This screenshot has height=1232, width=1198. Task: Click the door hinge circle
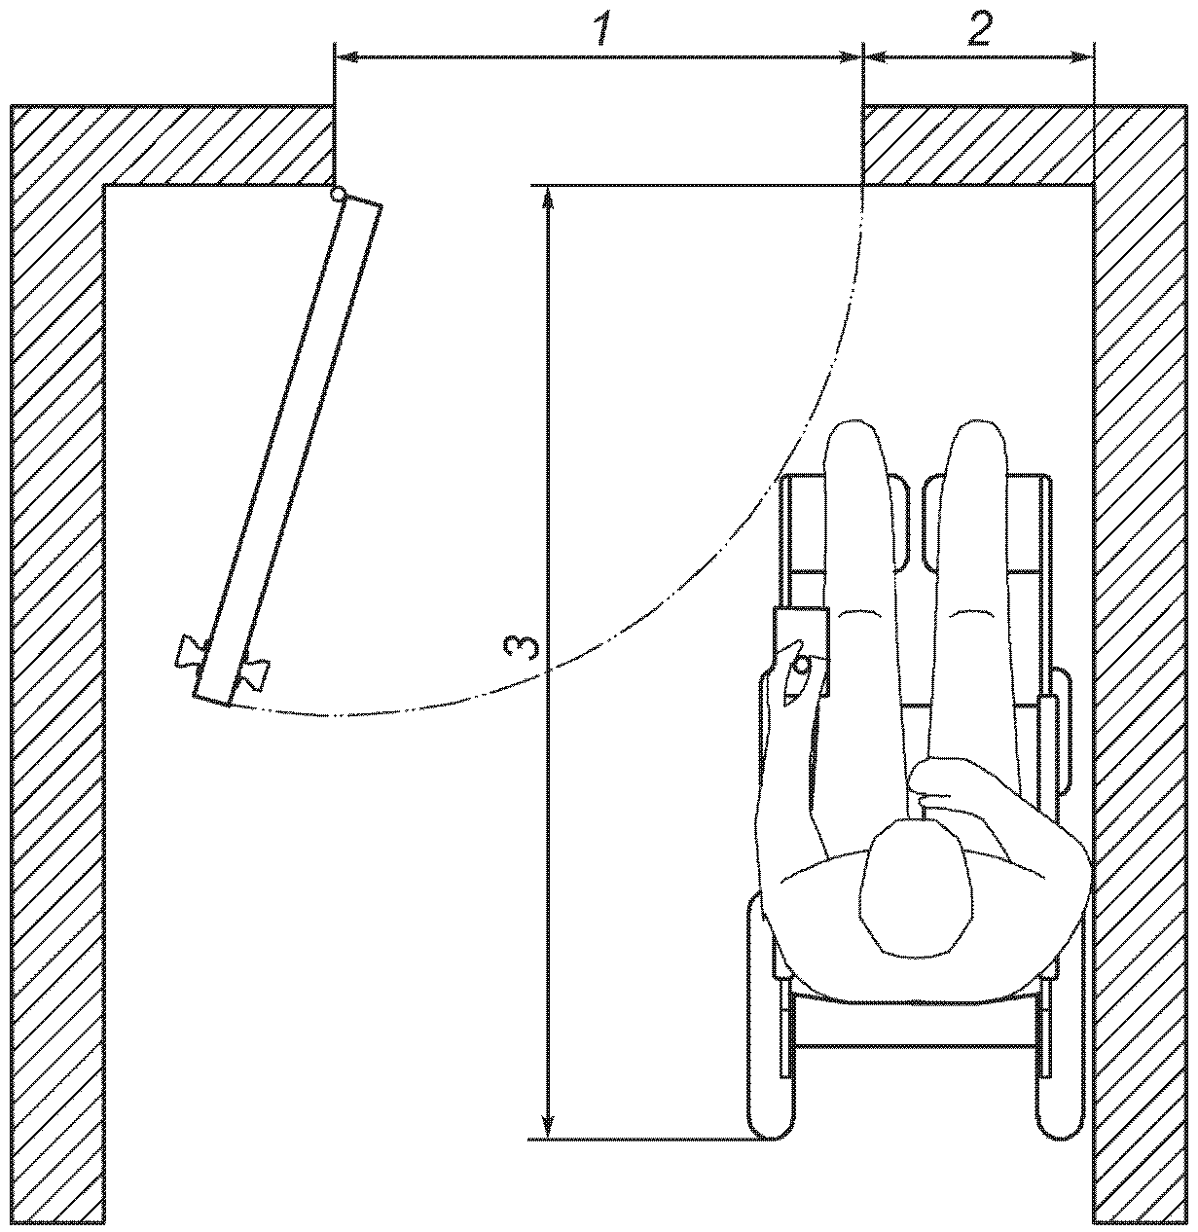click(x=338, y=195)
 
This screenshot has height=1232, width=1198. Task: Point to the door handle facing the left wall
click(x=189, y=652)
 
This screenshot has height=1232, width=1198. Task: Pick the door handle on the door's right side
click(x=254, y=671)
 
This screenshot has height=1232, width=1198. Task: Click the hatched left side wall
click(x=56, y=681)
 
